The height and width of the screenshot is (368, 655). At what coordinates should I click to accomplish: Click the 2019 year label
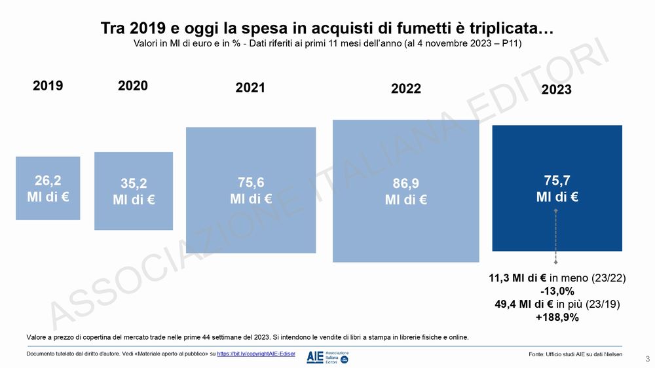pyautogui.click(x=48, y=86)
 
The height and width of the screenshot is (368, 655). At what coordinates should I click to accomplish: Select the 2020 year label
pyautogui.click(x=133, y=86)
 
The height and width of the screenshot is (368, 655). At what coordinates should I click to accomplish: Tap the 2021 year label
pyautogui.click(x=250, y=88)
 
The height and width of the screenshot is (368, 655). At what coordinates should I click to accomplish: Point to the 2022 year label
pyautogui.click(x=406, y=89)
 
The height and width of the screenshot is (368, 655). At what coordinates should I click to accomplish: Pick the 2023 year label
pyautogui.click(x=557, y=90)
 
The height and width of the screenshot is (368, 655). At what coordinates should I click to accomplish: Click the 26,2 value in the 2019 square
pyautogui.click(x=48, y=181)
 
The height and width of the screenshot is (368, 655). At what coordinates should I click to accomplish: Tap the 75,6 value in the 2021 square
pyautogui.click(x=251, y=183)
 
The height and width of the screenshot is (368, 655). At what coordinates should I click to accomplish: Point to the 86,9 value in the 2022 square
pyautogui.click(x=406, y=184)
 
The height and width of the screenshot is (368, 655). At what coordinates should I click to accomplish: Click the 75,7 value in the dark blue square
pyautogui.click(x=557, y=181)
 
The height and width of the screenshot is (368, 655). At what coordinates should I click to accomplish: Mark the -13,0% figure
pyautogui.click(x=557, y=291)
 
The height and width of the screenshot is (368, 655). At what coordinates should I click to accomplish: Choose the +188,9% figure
pyautogui.click(x=557, y=318)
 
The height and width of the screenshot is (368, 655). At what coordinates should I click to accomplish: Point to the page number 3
pyautogui.click(x=647, y=359)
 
